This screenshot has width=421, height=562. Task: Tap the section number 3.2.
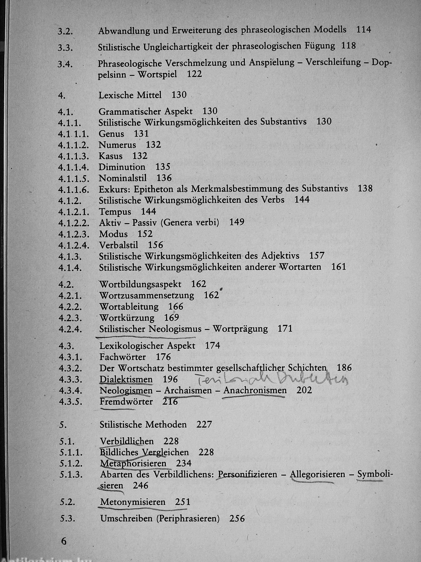pos(65,32)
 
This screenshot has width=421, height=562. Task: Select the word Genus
pos(111,134)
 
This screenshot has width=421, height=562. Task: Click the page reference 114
pos(364,30)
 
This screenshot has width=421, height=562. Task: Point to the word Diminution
pos(122,167)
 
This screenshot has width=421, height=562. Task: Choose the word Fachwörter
pos(123,357)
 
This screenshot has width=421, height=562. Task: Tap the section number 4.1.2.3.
pos(74,234)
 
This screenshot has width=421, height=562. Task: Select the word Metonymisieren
pos(133,502)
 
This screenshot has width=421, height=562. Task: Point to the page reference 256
pos(237,518)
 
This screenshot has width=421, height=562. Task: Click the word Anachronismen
pos(255,390)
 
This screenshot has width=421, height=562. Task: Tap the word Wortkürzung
pos(127,318)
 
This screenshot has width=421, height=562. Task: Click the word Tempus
pos(115,212)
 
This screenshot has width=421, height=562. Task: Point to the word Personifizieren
pos(248,474)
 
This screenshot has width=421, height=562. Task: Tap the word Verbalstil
pos(119,245)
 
